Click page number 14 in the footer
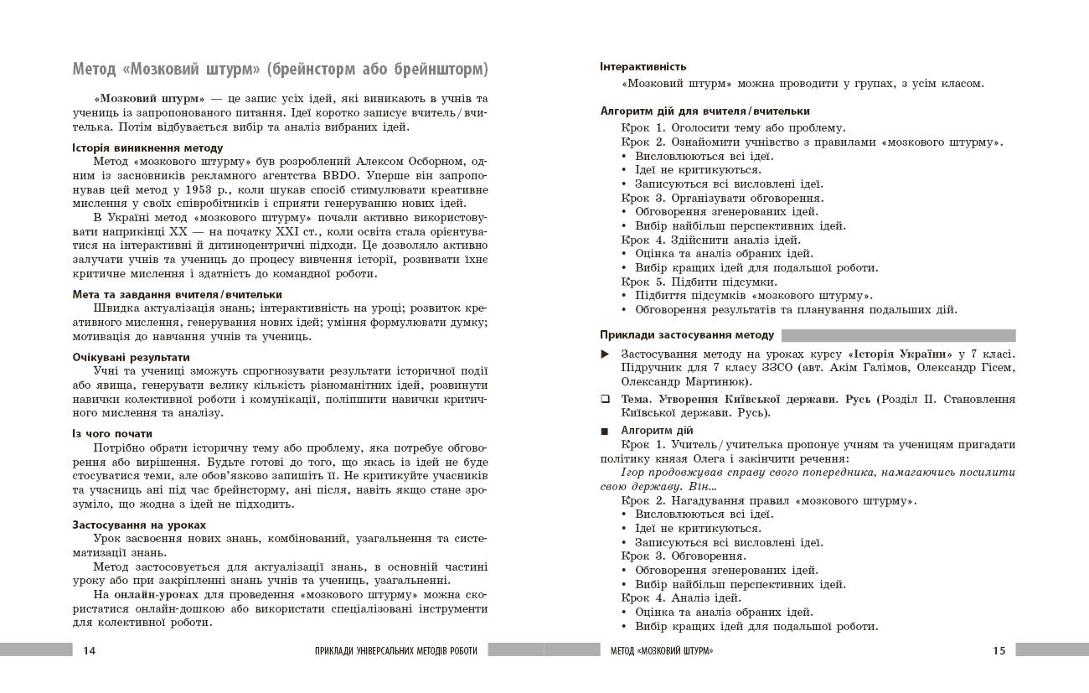90,650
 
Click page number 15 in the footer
999,650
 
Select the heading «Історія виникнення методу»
147,147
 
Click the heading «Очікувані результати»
131,357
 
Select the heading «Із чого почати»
112,433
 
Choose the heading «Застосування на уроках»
139,525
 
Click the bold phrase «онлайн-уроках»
152,594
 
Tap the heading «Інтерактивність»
643,66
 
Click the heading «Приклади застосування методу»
687,335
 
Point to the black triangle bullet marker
606,354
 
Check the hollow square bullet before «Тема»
606,399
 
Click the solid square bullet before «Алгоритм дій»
606,431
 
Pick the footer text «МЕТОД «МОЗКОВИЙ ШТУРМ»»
662,650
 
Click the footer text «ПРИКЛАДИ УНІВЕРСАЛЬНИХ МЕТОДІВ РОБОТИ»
401,650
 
